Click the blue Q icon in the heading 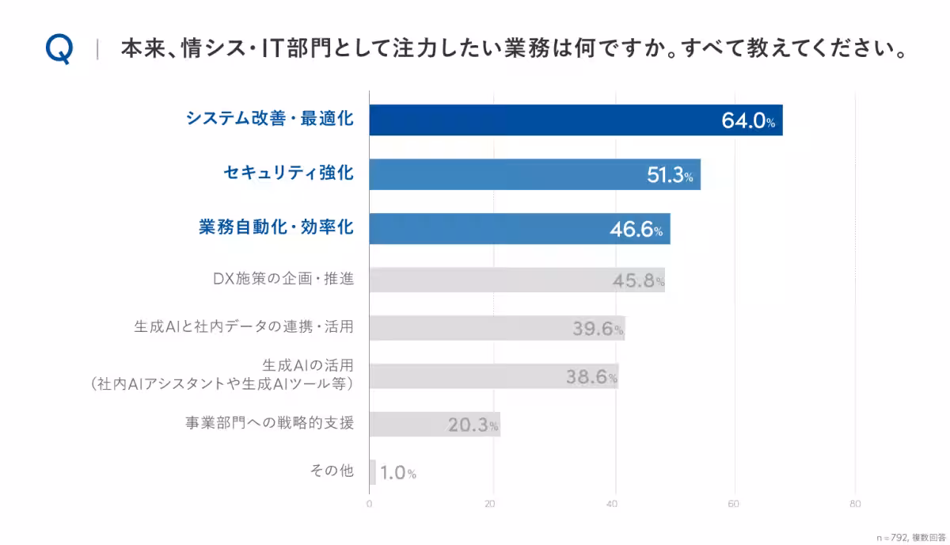[x=59, y=50]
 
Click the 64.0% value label [x=747, y=121]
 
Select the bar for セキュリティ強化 [x=534, y=174]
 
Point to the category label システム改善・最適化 [x=269, y=120]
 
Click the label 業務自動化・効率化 [x=275, y=228]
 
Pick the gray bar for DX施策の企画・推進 [x=516, y=280]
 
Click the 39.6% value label [x=598, y=329]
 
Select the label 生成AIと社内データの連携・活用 [x=243, y=326]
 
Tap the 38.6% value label [x=591, y=377]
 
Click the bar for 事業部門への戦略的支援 [x=435, y=424]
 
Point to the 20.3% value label [x=473, y=425]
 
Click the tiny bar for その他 [x=372, y=472]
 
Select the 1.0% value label [x=397, y=474]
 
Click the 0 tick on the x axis [x=370, y=504]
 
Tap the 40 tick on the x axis [x=612, y=504]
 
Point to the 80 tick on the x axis [x=855, y=504]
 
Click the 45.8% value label [x=637, y=280]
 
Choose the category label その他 [x=331, y=471]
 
